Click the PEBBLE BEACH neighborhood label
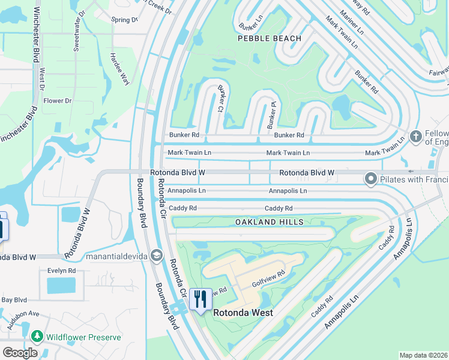point(270,38)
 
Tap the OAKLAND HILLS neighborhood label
point(270,222)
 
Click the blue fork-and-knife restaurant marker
point(200,298)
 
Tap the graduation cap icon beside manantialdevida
point(157,256)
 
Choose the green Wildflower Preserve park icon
point(37,337)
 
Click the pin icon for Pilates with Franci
point(371,179)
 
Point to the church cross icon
point(415,137)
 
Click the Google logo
point(20,353)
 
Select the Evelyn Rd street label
point(62,271)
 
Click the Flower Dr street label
point(57,101)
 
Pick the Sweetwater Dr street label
point(77,30)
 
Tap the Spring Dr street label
point(124,20)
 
